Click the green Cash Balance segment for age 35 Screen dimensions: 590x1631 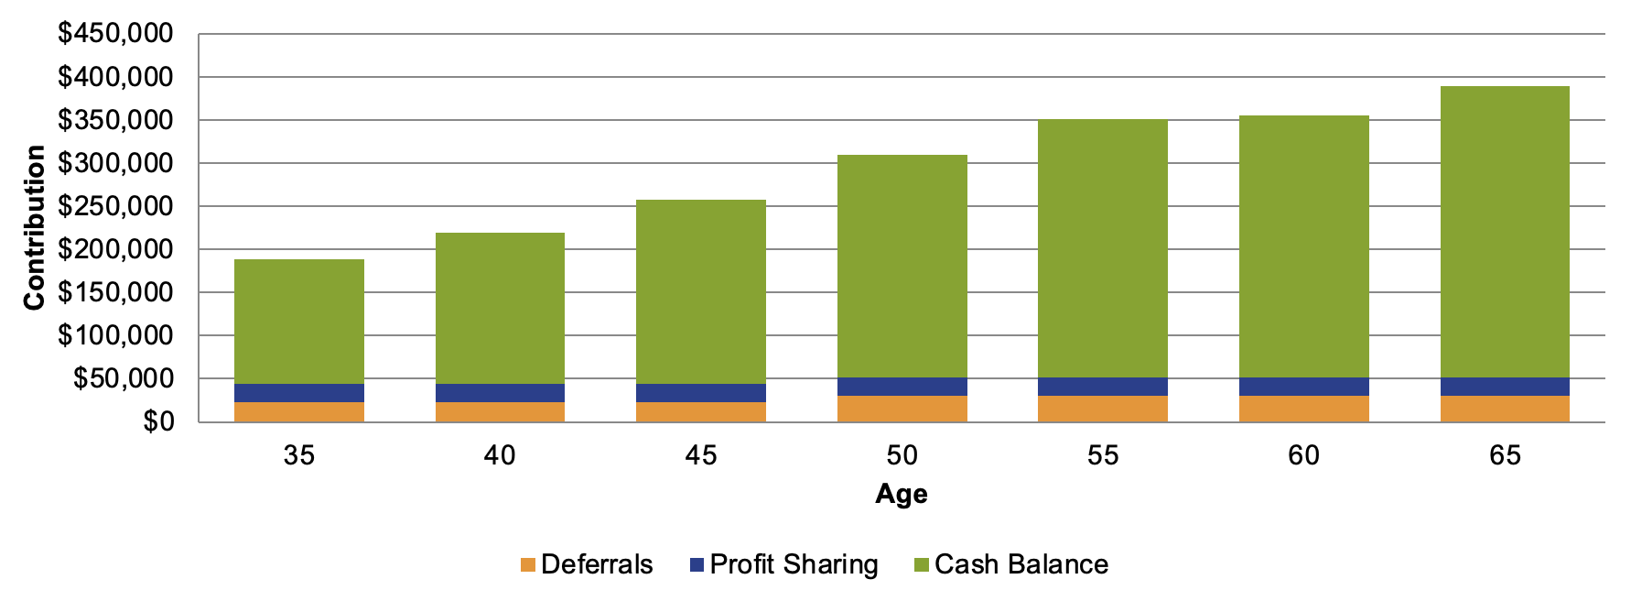tap(299, 322)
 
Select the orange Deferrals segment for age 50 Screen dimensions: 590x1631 tap(902, 409)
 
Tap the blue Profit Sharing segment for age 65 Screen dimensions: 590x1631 tap(1505, 387)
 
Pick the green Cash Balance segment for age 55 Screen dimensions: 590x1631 tap(1103, 248)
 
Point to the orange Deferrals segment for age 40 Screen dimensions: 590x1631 tap(500, 412)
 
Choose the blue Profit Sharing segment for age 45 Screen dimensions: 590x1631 tap(701, 393)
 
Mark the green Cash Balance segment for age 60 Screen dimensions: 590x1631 tap(1303, 246)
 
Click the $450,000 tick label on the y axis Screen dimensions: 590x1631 tap(115, 34)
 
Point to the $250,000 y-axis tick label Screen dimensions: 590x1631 tap(115, 206)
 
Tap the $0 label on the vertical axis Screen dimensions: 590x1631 tap(157, 422)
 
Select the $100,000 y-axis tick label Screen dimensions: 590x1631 tap(115, 335)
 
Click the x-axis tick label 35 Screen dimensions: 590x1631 tap(299, 455)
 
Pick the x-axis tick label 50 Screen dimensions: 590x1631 tap(902, 455)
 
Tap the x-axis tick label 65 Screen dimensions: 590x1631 tap(1505, 455)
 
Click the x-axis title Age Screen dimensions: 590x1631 tap(902, 494)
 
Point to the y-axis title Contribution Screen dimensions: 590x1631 tap(35, 227)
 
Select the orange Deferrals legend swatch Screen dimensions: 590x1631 tap(527, 565)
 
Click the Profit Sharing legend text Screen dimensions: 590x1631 tap(794, 564)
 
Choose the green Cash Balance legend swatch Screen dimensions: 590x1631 tap(921, 565)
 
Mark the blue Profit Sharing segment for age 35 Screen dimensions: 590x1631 tap(299, 393)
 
